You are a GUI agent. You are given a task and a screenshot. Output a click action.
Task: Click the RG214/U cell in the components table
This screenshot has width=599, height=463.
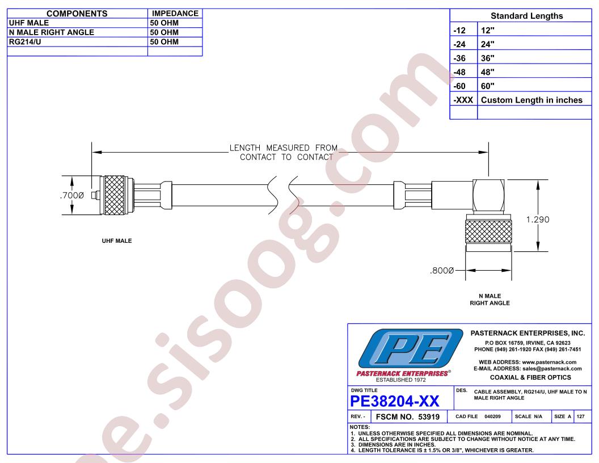tap(25, 41)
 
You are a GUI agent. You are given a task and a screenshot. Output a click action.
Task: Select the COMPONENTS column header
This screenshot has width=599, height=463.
tap(77, 14)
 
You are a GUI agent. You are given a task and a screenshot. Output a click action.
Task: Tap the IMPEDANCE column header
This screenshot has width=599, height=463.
tap(175, 14)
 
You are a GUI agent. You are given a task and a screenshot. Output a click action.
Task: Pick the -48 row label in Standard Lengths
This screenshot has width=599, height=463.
tap(459, 72)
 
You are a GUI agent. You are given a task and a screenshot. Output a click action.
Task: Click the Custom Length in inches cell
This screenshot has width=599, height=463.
tap(531, 100)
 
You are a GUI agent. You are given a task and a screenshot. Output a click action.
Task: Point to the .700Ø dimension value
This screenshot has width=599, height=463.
tap(72, 196)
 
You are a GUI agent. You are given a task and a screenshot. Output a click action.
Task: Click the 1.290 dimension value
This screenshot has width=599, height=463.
tap(538, 219)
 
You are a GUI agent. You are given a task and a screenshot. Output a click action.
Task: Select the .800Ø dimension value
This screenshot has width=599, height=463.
tap(442, 271)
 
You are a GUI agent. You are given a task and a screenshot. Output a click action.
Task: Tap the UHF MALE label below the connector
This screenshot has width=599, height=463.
tap(117, 241)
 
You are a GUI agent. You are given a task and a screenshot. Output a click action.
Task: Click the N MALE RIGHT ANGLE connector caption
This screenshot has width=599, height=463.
tap(490, 300)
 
